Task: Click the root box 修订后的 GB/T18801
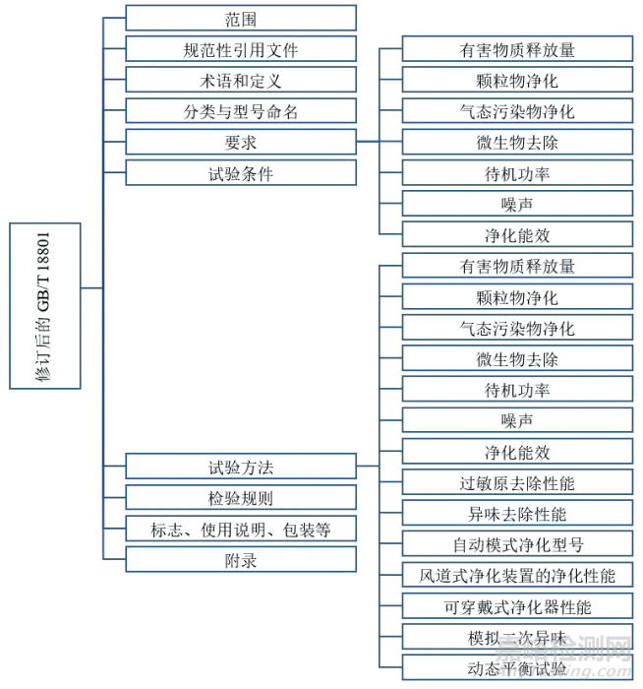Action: (x=45, y=305)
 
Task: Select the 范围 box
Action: (x=241, y=18)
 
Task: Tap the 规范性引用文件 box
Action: (x=241, y=49)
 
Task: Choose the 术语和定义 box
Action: (x=241, y=81)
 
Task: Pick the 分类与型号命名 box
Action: (x=241, y=111)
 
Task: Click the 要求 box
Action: (x=241, y=143)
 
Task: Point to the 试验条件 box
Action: (x=241, y=174)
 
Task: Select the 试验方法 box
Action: (x=241, y=467)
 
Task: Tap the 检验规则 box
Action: (x=241, y=498)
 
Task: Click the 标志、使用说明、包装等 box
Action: (x=241, y=530)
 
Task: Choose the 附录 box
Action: (x=241, y=560)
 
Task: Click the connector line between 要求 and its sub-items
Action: (x=367, y=142)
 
